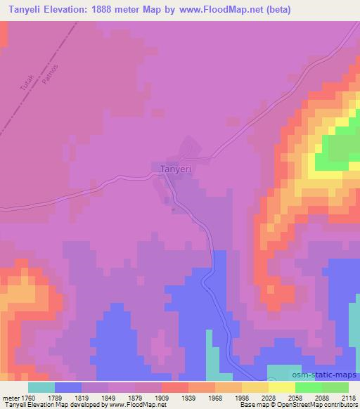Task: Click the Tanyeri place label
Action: point(176,169)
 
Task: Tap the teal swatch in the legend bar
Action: point(41,387)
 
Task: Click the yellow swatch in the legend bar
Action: point(281,387)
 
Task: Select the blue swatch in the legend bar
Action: point(68,387)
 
